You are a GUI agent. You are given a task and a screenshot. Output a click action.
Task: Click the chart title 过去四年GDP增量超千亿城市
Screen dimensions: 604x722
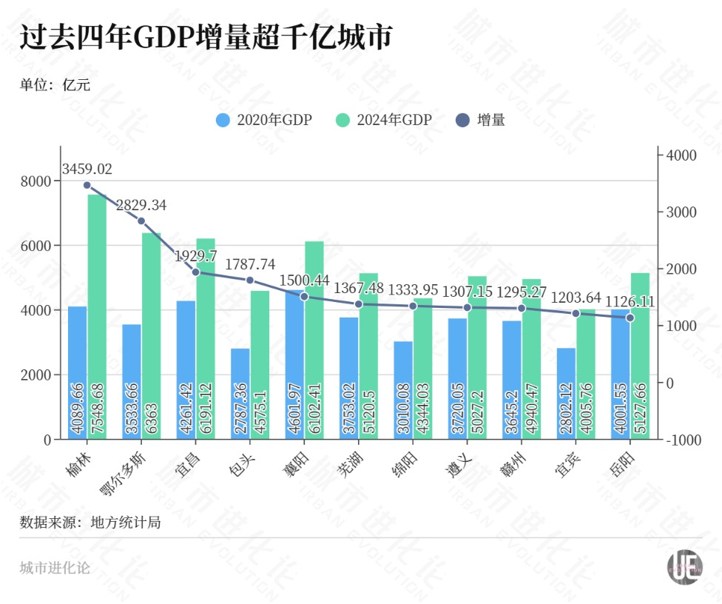click(205, 38)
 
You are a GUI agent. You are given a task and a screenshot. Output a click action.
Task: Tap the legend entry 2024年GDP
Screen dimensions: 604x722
click(383, 120)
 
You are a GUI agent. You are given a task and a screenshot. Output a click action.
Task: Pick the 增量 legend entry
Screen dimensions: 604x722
click(480, 120)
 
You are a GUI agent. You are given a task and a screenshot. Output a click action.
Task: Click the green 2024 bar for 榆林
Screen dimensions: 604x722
click(97, 318)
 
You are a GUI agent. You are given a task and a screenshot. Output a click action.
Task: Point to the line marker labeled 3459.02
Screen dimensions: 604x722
click(87, 185)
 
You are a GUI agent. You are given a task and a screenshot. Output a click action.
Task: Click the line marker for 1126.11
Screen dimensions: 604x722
click(630, 318)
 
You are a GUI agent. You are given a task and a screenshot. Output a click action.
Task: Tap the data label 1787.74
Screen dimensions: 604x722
click(250, 264)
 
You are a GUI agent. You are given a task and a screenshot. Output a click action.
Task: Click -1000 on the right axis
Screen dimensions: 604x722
click(682, 440)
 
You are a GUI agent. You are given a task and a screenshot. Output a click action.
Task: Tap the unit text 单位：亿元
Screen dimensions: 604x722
click(55, 84)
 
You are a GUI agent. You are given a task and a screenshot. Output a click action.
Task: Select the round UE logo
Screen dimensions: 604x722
click(684, 568)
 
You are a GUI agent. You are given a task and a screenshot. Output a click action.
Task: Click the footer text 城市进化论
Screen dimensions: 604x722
click(55, 568)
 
